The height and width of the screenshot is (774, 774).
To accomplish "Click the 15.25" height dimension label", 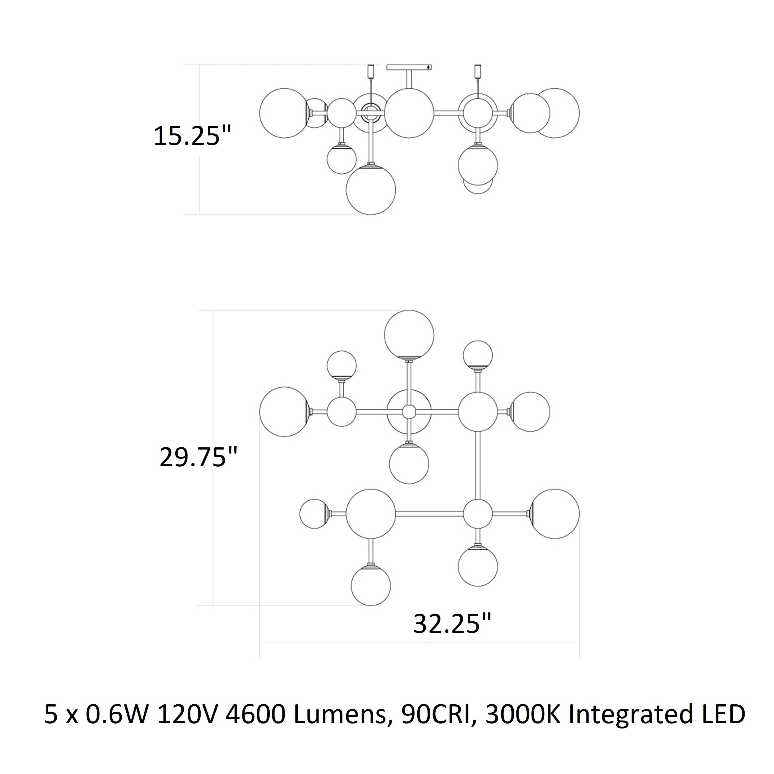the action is (x=193, y=136).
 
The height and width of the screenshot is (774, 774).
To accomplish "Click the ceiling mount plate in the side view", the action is (x=409, y=67).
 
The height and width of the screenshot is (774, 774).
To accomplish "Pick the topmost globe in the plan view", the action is (x=409, y=334).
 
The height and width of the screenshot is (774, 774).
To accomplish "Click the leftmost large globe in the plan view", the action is (x=285, y=411).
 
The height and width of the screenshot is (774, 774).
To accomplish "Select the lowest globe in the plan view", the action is (x=371, y=585).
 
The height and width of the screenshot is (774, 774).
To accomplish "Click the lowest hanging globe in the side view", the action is (x=371, y=189).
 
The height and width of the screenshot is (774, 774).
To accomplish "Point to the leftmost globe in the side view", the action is (x=285, y=113).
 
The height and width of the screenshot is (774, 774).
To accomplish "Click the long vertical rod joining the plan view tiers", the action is (x=478, y=466).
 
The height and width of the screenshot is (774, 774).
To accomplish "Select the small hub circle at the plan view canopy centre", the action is (x=409, y=411).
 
